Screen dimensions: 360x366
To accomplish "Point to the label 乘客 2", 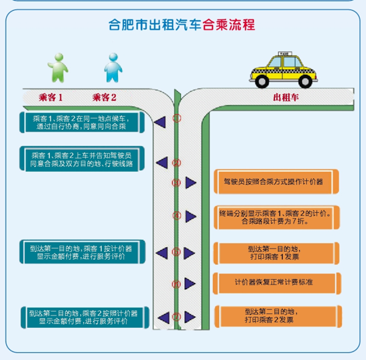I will (x=104, y=97).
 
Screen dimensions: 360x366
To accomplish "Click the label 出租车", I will (x=284, y=97).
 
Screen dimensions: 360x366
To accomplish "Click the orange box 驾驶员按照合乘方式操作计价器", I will (x=277, y=182).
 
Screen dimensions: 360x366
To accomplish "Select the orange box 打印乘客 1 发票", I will (x=277, y=253).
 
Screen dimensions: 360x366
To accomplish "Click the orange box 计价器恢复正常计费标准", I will (x=277, y=283).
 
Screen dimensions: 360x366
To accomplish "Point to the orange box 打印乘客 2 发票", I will (x=277, y=315).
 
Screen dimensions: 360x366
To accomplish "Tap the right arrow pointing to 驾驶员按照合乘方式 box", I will (x=191, y=182).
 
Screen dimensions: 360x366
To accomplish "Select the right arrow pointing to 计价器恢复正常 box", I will (x=191, y=284).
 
